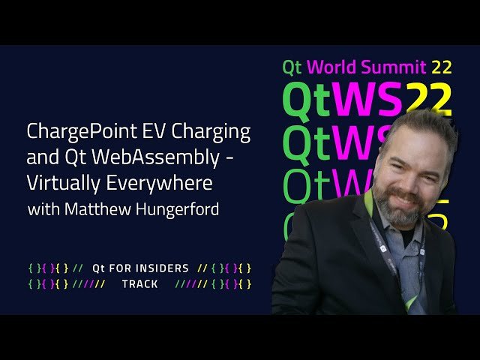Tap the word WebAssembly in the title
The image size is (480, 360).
pyautogui.click(x=155, y=157)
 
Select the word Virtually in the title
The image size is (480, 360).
pyautogui.click(x=63, y=183)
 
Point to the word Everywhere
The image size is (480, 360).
pyautogui.click(x=159, y=183)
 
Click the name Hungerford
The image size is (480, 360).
pyautogui.click(x=177, y=210)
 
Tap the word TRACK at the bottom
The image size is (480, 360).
pyautogui.click(x=140, y=284)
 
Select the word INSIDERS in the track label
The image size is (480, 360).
pyautogui.click(x=162, y=268)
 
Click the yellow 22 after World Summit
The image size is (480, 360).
pyautogui.click(x=441, y=67)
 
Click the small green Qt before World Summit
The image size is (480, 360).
pyautogui.click(x=292, y=67)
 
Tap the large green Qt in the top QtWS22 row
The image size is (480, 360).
pyautogui.click(x=307, y=100)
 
